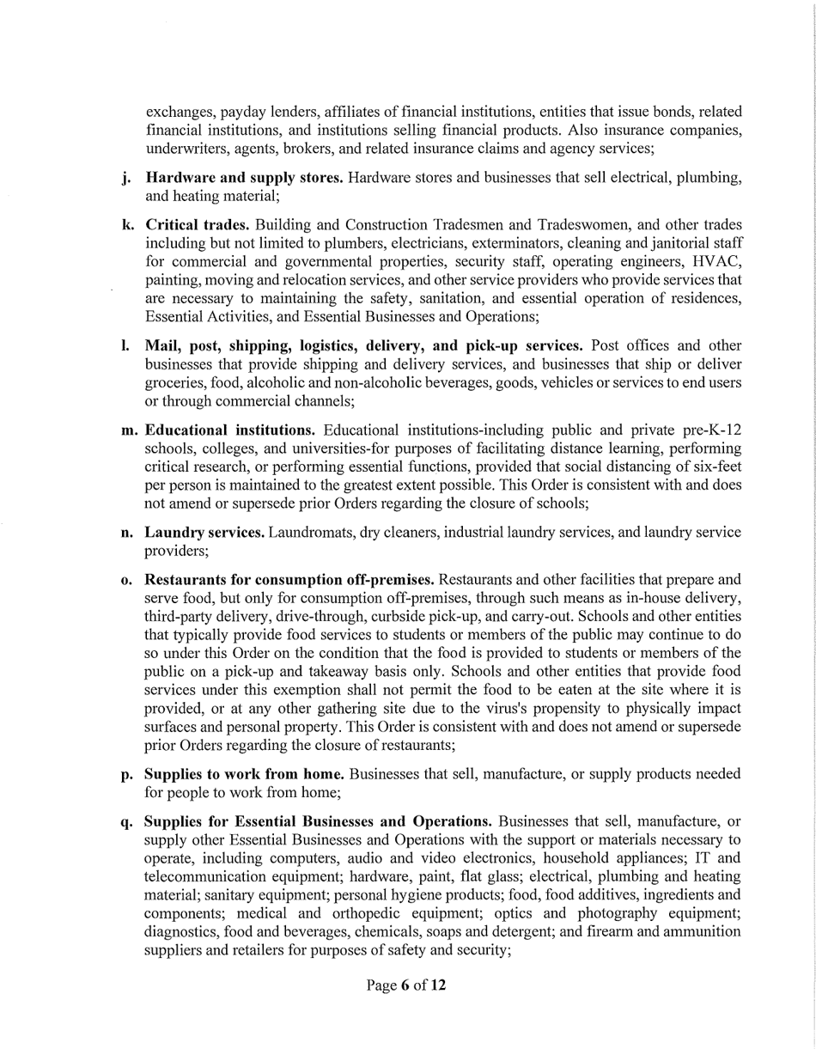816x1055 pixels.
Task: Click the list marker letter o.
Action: pyautogui.click(x=126, y=580)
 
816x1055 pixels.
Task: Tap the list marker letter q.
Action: pyautogui.click(x=127, y=821)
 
